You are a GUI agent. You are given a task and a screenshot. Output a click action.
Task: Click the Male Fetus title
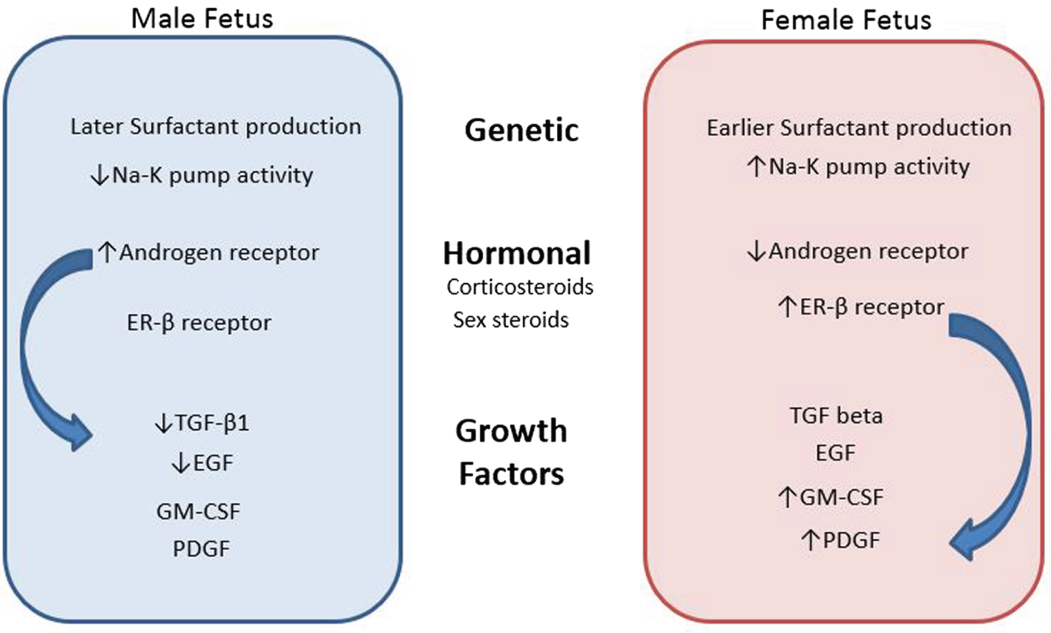pos(202,18)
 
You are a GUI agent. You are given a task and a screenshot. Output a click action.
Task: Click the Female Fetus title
pos(846,19)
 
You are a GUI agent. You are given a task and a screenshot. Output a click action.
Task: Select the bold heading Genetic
pos(521,131)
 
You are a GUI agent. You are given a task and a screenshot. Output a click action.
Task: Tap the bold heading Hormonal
pos(517,254)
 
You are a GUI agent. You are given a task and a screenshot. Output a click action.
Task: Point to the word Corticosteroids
pos(520,286)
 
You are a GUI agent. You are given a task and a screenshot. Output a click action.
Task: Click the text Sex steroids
pos(511,320)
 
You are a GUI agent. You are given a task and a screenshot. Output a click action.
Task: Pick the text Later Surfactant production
pos(215,126)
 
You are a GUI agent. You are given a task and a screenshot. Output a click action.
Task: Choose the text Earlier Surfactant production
pos(859,128)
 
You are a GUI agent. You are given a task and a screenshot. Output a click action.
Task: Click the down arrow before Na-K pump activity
pos(99,176)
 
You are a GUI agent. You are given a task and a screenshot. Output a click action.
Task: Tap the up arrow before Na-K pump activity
pos(756,166)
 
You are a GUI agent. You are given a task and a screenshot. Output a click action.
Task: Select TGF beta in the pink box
pos(836,415)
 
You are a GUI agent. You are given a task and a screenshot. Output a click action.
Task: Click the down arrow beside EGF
pos(180,464)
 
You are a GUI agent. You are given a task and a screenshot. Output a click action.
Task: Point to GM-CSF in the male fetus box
pos(198,511)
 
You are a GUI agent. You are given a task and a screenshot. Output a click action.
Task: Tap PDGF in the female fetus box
pos(851,539)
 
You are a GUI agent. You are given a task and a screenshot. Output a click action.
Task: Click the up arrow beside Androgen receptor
pos(107,253)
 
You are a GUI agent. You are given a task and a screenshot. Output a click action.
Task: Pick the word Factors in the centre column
pos(511,473)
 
